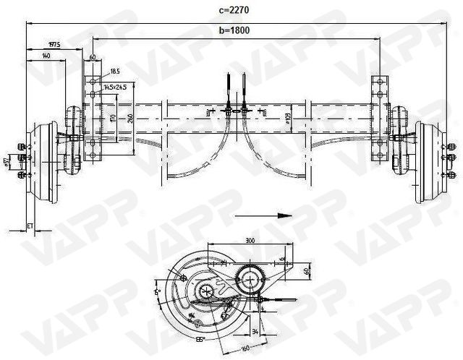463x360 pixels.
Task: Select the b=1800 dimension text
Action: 234,31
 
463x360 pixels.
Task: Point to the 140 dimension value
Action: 46,56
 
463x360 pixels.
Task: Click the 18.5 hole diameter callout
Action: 115,72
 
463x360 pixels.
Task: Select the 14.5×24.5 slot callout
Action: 115,87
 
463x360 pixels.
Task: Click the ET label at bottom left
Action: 30,227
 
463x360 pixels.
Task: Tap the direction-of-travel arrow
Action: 275,215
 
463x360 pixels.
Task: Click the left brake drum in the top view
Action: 41,164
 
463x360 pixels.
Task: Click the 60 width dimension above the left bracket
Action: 93,56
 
